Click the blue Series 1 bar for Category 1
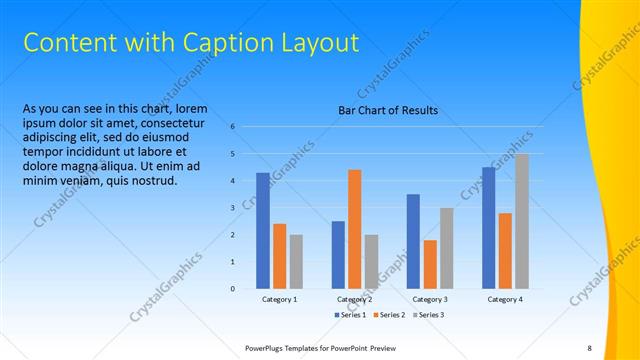point(263,230)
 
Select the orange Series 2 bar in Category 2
point(355,229)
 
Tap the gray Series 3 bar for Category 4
point(522,221)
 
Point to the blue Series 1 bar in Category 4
point(489,228)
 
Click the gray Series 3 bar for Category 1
point(296,261)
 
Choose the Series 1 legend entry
point(351,315)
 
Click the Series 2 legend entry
point(390,315)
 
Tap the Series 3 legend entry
point(429,315)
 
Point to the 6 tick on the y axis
point(232,127)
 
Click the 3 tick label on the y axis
point(232,208)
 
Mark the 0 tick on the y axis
point(232,289)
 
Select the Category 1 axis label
point(280,299)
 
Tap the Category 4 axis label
point(505,299)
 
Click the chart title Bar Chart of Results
point(389,110)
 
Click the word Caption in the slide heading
point(222,43)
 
